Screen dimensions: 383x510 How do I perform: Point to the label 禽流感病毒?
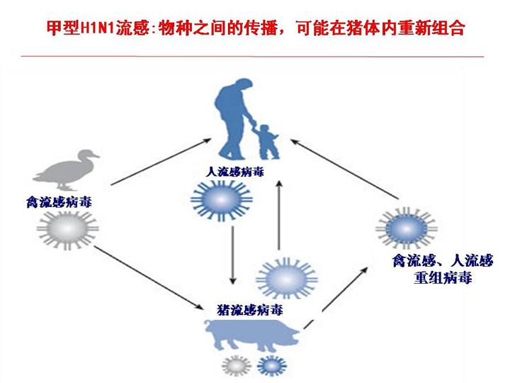pos(56,204)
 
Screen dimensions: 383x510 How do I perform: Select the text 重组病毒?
pos(443,278)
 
